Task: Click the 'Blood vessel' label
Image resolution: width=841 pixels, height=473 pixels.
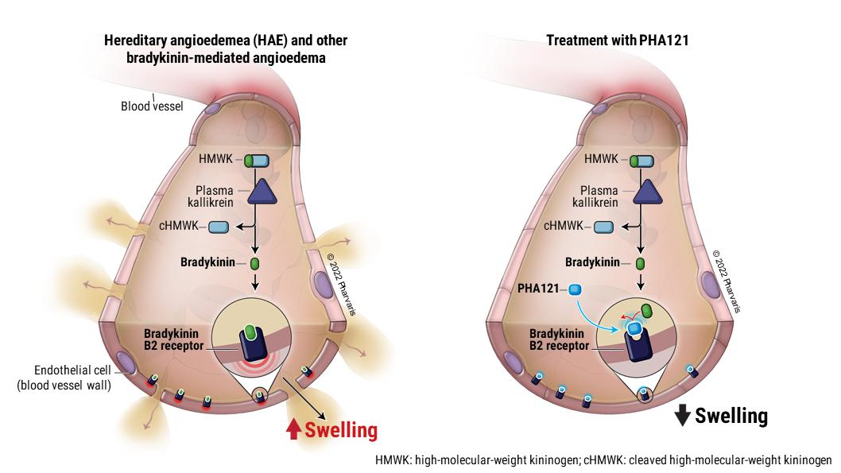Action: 151,105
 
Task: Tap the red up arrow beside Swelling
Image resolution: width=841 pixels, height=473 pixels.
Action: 293,429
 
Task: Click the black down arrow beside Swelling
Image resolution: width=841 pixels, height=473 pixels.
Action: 682,415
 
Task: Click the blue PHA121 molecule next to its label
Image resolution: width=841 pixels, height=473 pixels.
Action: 575,289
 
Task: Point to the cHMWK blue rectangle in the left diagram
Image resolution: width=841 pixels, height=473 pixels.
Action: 218,229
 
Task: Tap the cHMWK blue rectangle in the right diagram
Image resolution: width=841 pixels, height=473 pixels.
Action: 603,227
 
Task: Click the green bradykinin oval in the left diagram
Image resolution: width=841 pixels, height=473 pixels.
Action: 255,262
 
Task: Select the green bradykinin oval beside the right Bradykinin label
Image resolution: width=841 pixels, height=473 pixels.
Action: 640,262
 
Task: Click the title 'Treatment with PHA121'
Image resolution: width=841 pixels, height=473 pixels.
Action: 616,40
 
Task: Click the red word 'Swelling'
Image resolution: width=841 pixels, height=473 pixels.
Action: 341,430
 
